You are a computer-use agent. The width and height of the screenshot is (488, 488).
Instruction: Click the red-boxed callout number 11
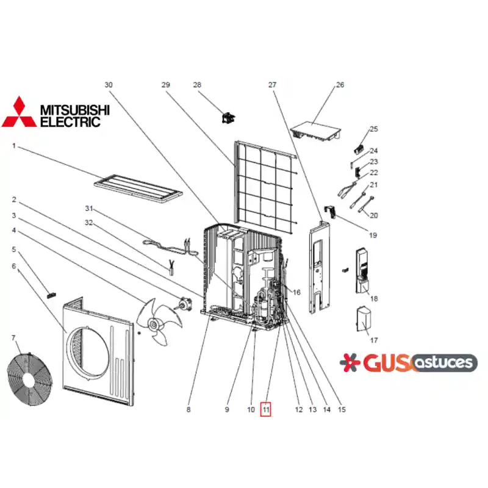pyautogui.click(x=266, y=409)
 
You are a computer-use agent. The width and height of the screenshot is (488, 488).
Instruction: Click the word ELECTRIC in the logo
pyautogui.click(x=71, y=121)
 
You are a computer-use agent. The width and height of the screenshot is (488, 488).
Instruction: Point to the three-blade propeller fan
pyautogui.click(x=159, y=322)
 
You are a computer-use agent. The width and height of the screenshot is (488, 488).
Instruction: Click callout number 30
pyautogui.click(x=109, y=85)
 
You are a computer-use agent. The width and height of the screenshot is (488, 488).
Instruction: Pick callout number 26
pyautogui.click(x=340, y=85)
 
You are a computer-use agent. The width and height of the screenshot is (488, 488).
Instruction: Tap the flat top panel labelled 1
pyautogui.click(x=138, y=188)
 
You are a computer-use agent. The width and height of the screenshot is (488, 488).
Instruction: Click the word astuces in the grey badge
pyautogui.click(x=443, y=362)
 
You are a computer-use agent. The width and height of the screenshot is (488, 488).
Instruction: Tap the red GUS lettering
pyautogui.click(x=387, y=363)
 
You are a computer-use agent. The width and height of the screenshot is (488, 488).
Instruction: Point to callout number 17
pyautogui.click(x=374, y=340)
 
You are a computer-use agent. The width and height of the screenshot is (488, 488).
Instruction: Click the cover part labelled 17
pyautogui.click(x=363, y=318)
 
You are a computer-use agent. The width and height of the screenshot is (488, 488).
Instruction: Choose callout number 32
pyautogui.click(x=88, y=223)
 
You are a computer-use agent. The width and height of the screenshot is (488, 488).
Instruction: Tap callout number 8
pyautogui.click(x=188, y=409)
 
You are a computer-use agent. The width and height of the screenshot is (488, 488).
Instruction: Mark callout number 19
pyautogui.click(x=373, y=235)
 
